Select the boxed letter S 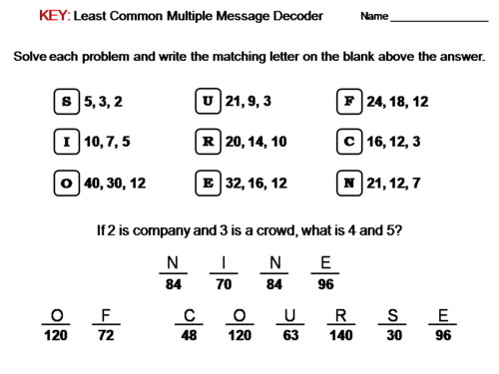click(66, 101)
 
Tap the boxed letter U click(207, 101)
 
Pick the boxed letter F click(348, 101)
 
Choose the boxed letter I click(66, 142)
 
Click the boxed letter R click(207, 142)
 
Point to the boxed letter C click(348, 142)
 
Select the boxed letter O click(66, 184)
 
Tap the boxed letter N click(348, 184)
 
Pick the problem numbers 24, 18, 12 click(397, 101)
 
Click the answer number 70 click(226, 282)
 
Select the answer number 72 click(105, 335)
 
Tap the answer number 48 click(189, 335)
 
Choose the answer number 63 click(290, 335)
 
